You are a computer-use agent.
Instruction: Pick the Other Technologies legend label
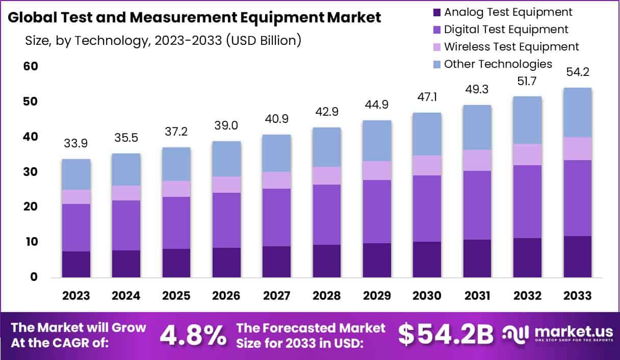pyautogui.click(x=498, y=64)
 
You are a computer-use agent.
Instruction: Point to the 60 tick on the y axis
pyautogui.click(x=30, y=67)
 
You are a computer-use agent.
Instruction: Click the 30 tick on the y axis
pyautogui.click(x=30, y=172)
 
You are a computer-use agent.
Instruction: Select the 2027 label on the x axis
pyautogui.click(x=276, y=296)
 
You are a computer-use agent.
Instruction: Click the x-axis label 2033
pyautogui.click(x=577, y=296)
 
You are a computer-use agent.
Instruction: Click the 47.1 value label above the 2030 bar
pyautogui.click(x=427, y=97)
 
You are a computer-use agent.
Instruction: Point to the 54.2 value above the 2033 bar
pyautogui.click(x=577, y=72)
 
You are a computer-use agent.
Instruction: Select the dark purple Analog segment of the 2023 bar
pyautogui.click(x=76, y=264)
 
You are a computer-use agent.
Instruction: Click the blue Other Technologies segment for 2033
pyautogui.click(x=577, y=112)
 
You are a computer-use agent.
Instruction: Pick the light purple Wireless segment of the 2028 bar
pyautogui.click(x=327, y=175)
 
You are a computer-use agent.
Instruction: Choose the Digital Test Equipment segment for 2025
pyautogui.click(x=176, y=222)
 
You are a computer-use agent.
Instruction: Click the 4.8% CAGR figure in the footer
pyautogui.click(x=193, y=335)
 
